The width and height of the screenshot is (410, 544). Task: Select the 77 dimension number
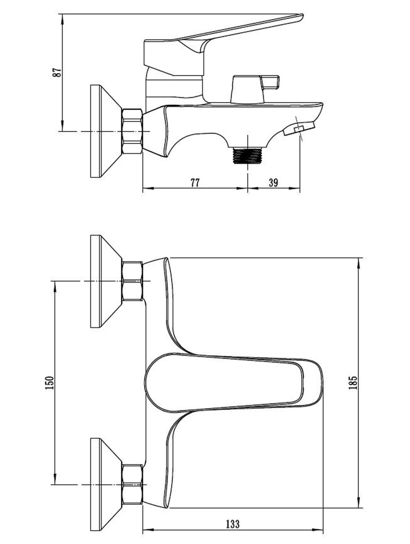pos(195,183)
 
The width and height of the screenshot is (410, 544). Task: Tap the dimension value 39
pos(273,183)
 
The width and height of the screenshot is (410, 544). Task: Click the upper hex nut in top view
pos(132,281)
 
